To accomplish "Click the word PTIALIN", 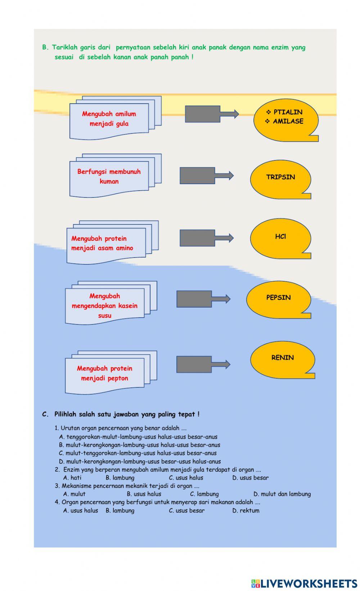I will tap(288, 112).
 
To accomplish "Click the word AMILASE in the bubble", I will tap(288, 122).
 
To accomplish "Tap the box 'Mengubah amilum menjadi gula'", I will tap(109, 119).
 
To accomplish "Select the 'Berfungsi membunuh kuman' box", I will tap(109, 177).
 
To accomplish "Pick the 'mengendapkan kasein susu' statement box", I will tap(104, 306).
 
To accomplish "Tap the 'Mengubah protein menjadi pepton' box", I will tap(104, 373).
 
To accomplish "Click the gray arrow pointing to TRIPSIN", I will tap(206, 176).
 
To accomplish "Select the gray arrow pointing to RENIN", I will tap(203, 364).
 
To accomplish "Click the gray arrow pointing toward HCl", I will tap(206, 238).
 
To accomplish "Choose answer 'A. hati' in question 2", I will tap(72, 478).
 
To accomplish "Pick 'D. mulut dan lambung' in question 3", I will tap(282, 494).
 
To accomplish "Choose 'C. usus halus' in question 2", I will tap(186, 478).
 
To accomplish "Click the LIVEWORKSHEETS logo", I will tap(304, 583).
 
